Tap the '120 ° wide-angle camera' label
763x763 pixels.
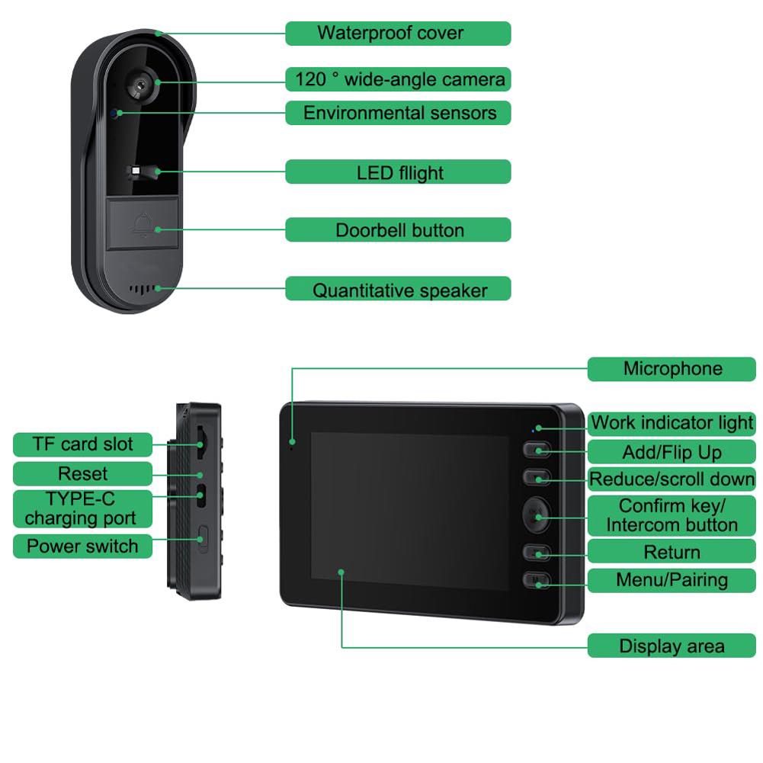coord(398,79)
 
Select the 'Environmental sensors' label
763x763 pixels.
coord(398,113)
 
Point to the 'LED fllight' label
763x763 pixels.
coord(398,172)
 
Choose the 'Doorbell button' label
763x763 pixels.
coord(398,230)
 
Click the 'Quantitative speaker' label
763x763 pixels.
coord(398,290)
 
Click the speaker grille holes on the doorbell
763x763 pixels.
coord(143,290)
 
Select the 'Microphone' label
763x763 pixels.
coord(672,369)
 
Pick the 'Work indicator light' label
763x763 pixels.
coord(672,423)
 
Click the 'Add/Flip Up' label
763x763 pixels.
coord(672,452)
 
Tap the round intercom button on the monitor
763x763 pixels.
coord(536,516)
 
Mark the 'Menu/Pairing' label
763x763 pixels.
coord(672,580)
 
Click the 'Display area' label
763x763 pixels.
coord(672,646)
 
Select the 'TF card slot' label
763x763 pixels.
coord(82,444)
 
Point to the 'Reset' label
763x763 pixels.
coord(82,473)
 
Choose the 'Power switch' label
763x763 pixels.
coord(82,546)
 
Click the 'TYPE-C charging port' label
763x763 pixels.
coord(82,508)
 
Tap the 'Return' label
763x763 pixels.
coord(672,552)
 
